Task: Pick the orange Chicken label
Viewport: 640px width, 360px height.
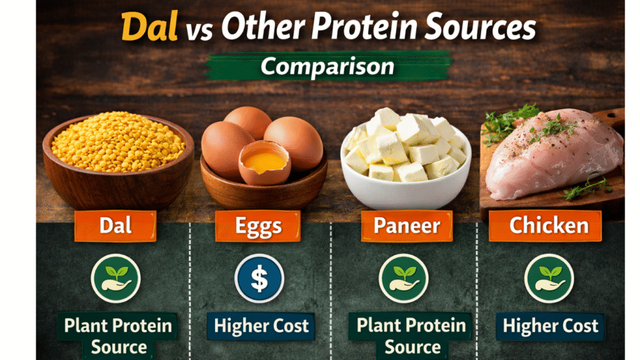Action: point(548,226)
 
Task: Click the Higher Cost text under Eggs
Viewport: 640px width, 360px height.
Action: point(261,326)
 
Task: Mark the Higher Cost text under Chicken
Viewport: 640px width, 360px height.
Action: point(550,326)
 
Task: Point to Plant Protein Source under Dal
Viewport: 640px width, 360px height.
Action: point(118,336)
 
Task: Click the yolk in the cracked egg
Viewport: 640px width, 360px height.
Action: point(263,163)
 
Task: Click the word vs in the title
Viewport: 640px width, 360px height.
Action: point(198,31)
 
